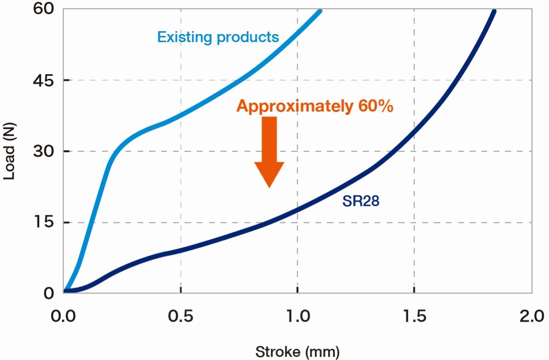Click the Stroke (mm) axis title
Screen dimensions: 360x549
(x=297, y=351)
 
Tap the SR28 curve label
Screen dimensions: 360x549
(x=361, y=202)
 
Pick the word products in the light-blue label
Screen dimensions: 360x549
(x=248, y=37)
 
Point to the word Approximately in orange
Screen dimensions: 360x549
(x=293, y=106)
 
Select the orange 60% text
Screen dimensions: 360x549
(x=373, y=106)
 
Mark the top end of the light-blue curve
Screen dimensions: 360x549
(x=320, y=11)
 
